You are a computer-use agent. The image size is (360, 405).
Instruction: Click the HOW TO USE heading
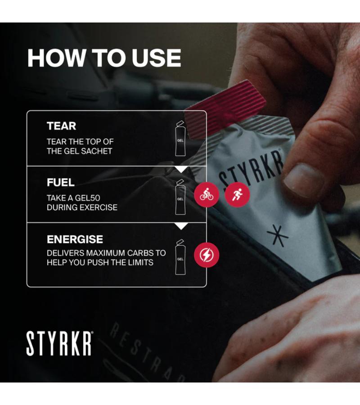coord(104,58)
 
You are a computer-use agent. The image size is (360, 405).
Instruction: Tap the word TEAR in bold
coord(62,126)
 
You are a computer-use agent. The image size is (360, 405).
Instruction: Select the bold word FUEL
coord(61,182)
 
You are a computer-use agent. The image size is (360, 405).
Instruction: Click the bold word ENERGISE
coord(75,239)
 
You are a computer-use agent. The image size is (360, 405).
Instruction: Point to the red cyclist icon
coord(207,194)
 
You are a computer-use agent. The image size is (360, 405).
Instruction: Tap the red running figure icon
coord(237,194)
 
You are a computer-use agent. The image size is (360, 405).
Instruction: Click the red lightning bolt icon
coord(207,255)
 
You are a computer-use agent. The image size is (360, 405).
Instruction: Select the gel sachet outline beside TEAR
coord(180,138)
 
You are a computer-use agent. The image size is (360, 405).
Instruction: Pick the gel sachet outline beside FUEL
coord(180,197)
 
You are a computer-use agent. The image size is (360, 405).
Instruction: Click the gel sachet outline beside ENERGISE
coord(180,257)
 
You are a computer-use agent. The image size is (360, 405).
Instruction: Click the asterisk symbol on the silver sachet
coord(278,235)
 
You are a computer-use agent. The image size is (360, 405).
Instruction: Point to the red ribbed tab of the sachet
coord(225,106)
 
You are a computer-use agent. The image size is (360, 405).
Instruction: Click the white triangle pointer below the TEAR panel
coord(181,170)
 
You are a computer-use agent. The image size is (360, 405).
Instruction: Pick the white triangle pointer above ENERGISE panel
coord(181,226)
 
